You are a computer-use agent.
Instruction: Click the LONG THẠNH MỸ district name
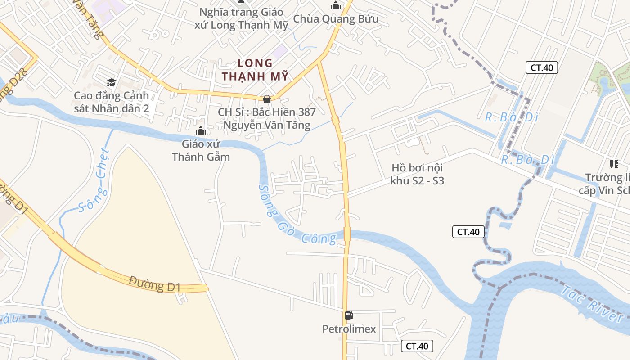[x=255, y=70]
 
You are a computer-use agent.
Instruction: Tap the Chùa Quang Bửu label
[x=336, y=19]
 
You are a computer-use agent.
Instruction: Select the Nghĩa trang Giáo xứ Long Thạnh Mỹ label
[x=241, y=18]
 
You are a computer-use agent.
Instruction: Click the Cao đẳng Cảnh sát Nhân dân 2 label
[x=111, y=102]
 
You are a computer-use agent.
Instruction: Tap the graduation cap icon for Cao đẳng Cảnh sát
[x=111, y=82]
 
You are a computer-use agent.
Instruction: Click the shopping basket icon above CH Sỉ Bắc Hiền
[x=267, y=99]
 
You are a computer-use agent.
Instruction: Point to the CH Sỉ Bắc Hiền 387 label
[x=267, y=118]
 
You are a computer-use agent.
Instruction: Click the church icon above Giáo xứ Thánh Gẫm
[x=201, y=131]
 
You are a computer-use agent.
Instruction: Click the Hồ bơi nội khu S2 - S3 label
[x=417, y=174]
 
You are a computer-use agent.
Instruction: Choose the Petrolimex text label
[x=349, y=329]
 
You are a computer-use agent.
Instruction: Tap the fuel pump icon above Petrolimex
[x=349, y=315]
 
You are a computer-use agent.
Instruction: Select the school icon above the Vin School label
[x=614, y=164]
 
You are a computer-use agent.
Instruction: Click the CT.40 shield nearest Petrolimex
[x=417, y=346]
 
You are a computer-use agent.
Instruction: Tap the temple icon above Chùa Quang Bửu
[x=336, y=5]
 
